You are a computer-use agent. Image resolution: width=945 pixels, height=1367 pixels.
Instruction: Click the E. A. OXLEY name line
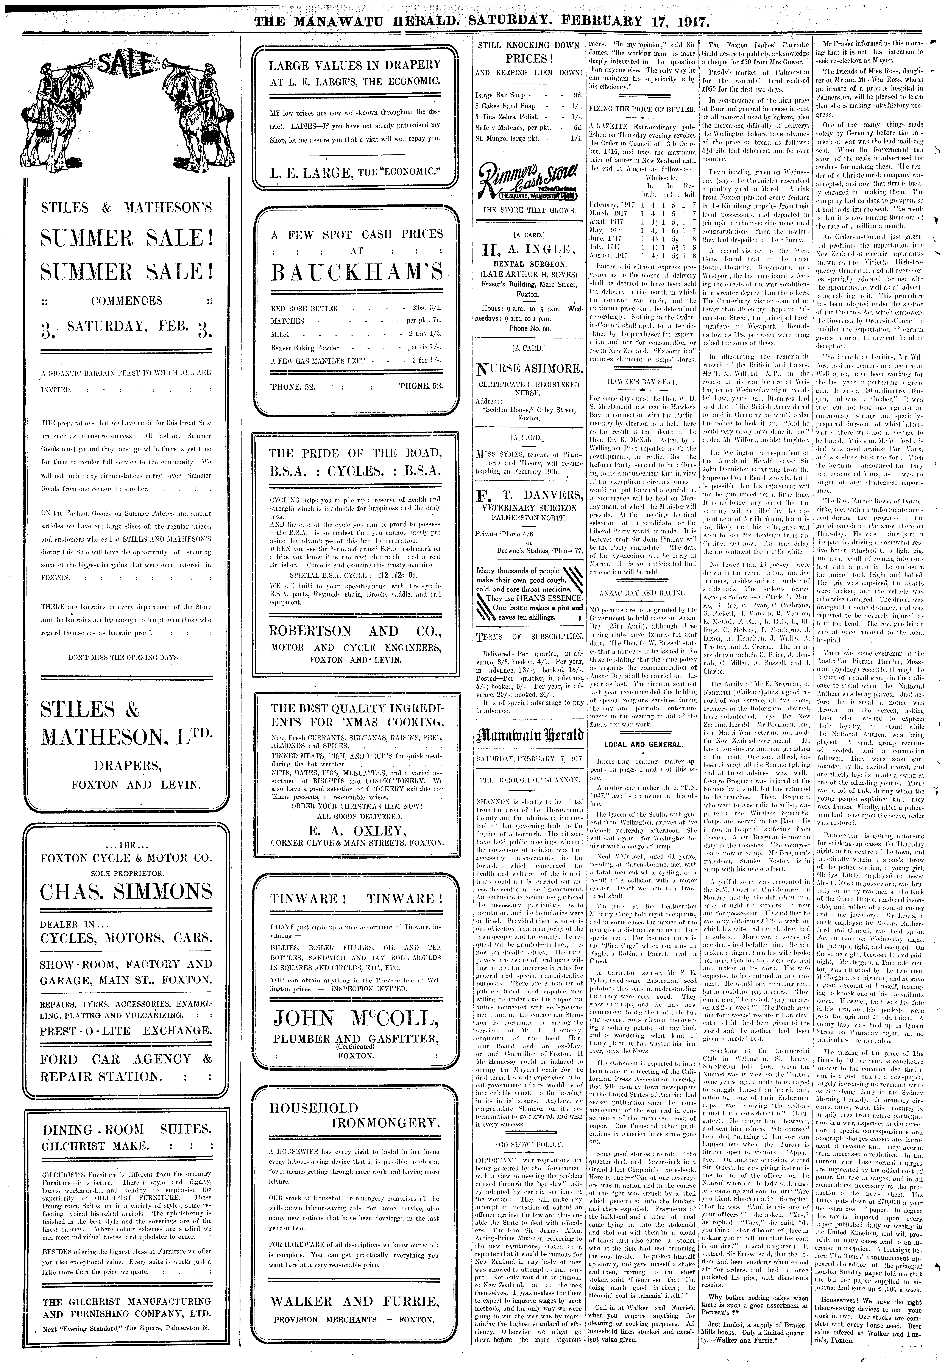(355, 830)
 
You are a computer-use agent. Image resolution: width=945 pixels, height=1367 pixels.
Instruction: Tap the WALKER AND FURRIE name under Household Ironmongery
(355, 1301)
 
